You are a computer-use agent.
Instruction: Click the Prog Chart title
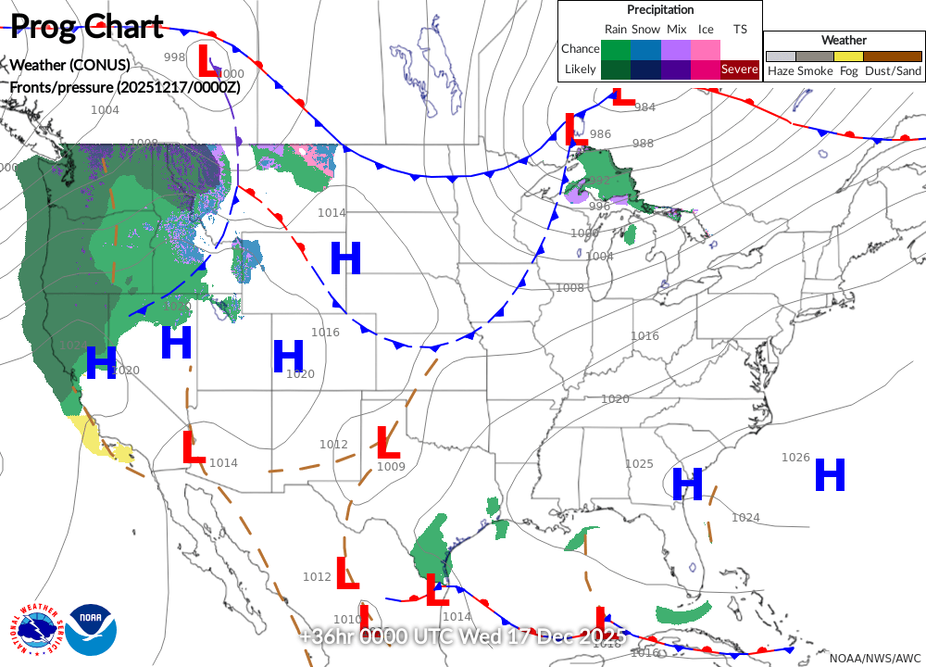(x=88, y=28)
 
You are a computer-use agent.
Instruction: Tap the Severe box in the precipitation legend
(x=739, y=69)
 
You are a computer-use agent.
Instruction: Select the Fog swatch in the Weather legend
(x=848, y=57)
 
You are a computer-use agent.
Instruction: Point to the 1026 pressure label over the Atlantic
(x=795, y=458)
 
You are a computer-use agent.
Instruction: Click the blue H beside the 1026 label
(x=830, y=475)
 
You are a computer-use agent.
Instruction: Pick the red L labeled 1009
(x=388, y=443)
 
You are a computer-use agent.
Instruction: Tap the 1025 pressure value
(x=639, y=464)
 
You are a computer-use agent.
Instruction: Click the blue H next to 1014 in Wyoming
(x=345, y=258)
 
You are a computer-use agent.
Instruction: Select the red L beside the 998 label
(x=208, y=61)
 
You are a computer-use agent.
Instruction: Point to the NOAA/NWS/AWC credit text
(x=875, y=657)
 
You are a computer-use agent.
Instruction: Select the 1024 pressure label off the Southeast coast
(x=745, y=518)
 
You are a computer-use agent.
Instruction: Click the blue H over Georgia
(x=688, y=483)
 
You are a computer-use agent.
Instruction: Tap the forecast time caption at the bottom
(x=463, y=637)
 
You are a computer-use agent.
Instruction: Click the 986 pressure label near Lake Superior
(x=600, y=134)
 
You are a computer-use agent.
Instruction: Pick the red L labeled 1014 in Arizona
(x=193, y=448)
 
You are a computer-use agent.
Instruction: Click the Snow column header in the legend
(x=646, y=30)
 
